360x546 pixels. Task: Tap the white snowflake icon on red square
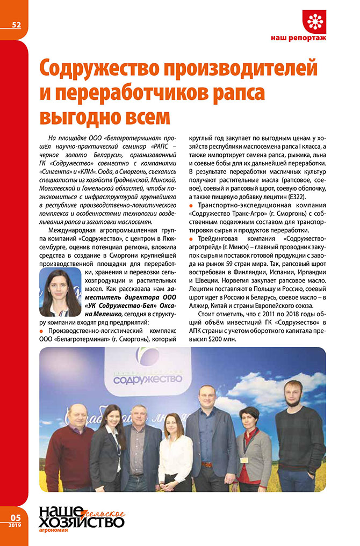click(314, 21)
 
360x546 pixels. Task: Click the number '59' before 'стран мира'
click(234, 263)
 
